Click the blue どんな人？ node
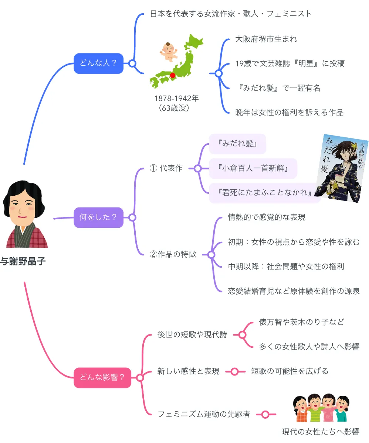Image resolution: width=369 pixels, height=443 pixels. [x=98, y=63]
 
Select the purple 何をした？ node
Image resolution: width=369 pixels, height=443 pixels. [x=98, y=217]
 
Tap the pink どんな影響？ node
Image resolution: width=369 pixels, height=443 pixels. [x=102, y=378]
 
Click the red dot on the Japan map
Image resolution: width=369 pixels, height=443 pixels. [x=172, y=75]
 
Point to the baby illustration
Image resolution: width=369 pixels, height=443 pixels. [x=168, y=51]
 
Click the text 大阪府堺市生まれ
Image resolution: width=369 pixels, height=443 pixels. [x=266, y=39]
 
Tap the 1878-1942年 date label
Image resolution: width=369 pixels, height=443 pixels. [x=176, y=99]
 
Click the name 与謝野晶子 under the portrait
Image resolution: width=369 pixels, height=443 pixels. [x=23, y=261]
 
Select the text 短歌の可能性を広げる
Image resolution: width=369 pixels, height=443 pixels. [x=290, y=371]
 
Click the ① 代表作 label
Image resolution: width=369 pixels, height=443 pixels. [x=166, y=168]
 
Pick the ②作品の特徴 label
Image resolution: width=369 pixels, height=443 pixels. [x=173, y=254]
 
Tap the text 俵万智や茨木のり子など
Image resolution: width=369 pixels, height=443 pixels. [x=301, y=322]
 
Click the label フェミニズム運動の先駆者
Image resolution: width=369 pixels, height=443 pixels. [x=204, y=414]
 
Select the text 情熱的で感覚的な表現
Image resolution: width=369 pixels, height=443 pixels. [x=267, y=217]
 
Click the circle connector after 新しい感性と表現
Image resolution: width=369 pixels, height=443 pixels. [x=234, y=371]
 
